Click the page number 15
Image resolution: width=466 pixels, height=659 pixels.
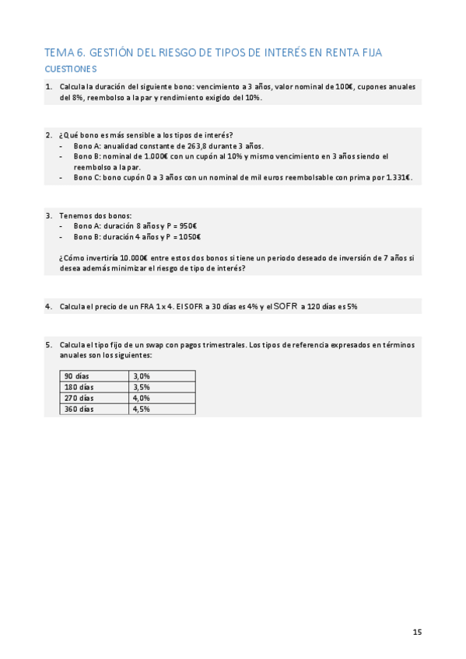click(417, 632)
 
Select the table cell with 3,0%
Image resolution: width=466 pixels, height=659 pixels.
click(141, 376)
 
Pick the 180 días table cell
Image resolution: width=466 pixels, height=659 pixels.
click(79, 387)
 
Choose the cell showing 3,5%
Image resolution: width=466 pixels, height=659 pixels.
click(141, 387)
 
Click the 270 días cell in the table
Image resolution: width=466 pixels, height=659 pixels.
click(79, 398)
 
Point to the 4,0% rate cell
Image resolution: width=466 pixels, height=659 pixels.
click(141, 398)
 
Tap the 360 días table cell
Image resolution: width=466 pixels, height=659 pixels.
click(79, 409)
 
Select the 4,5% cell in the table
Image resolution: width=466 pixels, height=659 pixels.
click(141, 409)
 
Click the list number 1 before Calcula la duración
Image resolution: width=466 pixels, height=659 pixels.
click(48, 87)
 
